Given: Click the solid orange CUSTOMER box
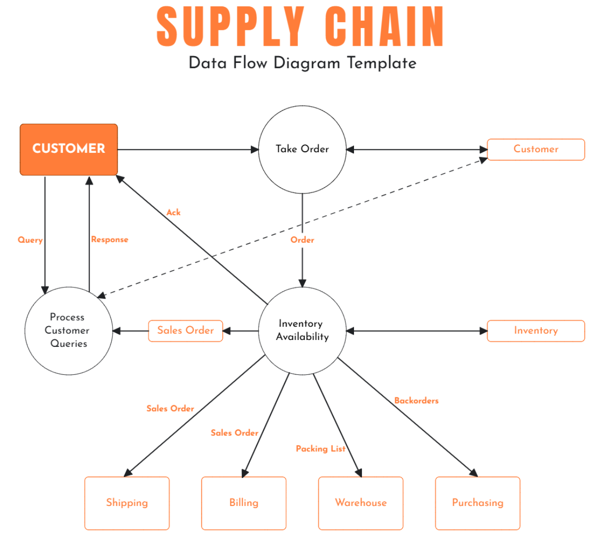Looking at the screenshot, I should click(x=69, y=149).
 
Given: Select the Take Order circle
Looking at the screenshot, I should click(x=302, y=149).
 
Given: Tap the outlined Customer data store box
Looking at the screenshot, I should click(x=535, y=149).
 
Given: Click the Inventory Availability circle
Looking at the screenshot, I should click(x=302, y=331).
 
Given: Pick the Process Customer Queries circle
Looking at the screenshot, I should click(x=68, y=331).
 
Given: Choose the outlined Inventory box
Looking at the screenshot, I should click(x=535, y=331).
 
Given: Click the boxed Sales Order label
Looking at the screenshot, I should click(x=185, y=331).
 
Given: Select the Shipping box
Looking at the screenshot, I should click(x=127, y=503).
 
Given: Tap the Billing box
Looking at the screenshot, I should click(x=243, y=503).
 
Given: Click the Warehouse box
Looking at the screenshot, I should click(x=360, y=503).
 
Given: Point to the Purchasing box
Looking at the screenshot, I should click(x=477, y=503).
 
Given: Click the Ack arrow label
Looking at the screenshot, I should click(x=173, y=212).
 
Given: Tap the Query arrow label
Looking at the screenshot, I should click(x=30, y=240).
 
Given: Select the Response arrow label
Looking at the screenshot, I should click(x=110, y=240).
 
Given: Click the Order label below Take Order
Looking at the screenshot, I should click(x=302, y=240).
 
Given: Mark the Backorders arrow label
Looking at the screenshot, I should click(x=416, y=400).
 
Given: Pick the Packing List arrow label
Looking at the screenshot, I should click(x=320, y=449).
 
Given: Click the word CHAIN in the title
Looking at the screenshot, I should click(x=384, y=27).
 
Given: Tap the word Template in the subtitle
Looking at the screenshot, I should click(x=381, y=63).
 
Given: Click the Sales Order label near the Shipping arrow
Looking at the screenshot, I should click(x=170, y=408).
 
